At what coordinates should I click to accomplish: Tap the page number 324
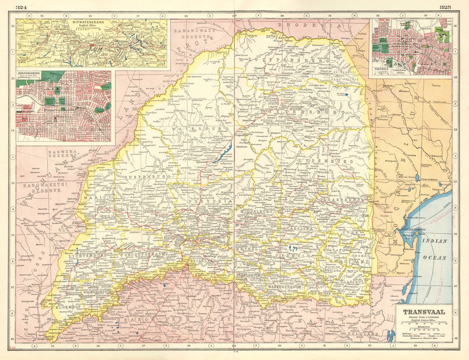[21, 7]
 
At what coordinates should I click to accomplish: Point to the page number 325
[445, 7]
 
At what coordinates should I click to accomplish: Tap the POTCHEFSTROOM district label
[144, 254]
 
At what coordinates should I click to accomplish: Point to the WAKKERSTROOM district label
[284, 288]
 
